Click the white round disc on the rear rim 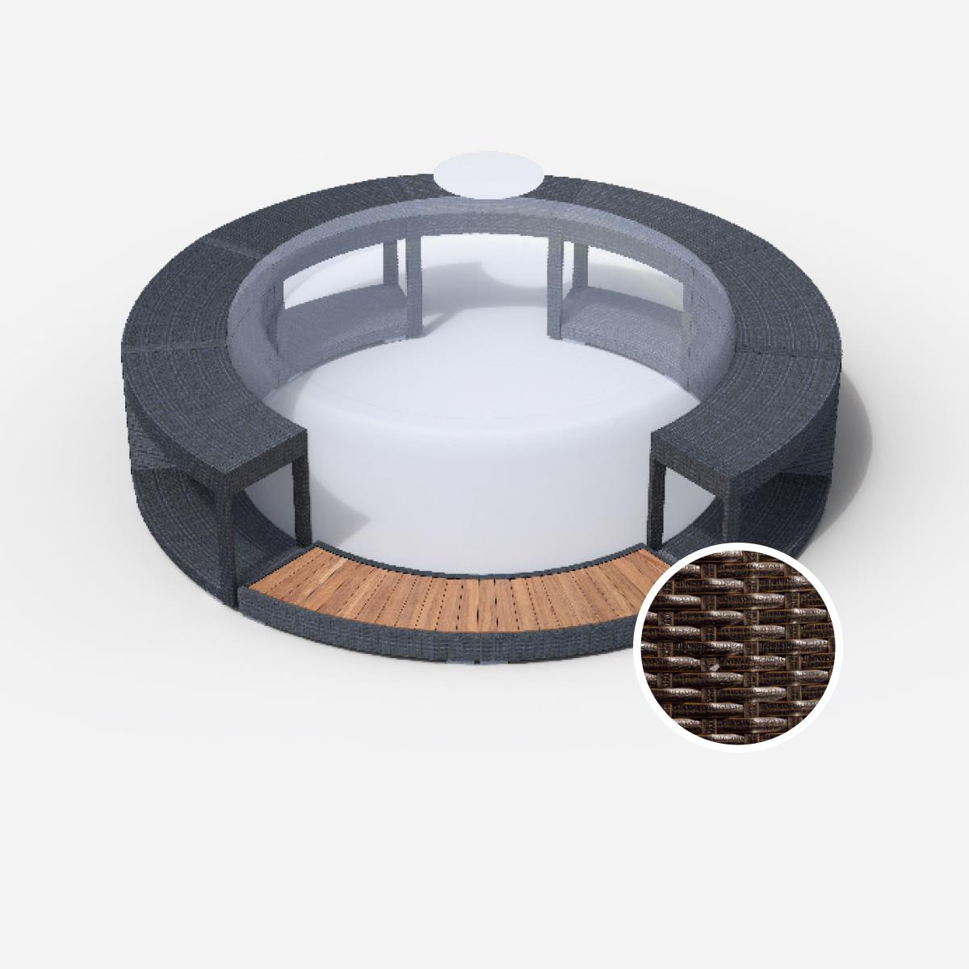click(483, 176)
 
